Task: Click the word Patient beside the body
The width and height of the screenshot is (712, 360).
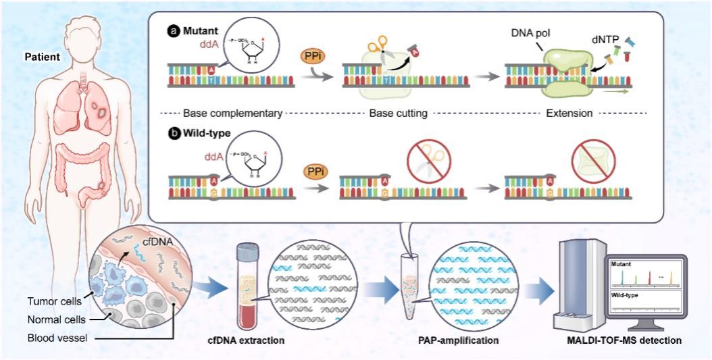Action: click(41, 57)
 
